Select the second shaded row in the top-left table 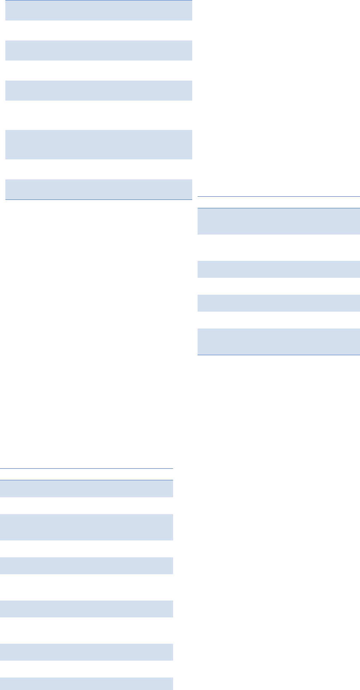[x=98, y=50]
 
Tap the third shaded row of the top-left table [x=98, y=90]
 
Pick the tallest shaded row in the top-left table [x=98, y=144]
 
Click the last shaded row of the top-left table [x=98, y=189]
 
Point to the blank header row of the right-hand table [x=278, y=202]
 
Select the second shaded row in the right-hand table [x=278, y=269]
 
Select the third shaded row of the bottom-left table [x=86, y=565]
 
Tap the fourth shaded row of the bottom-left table [x=86, y=609]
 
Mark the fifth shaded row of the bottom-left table [x=86, y=652]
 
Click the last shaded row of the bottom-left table [x=86, y=684]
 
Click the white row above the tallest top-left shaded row [x=98, y=115]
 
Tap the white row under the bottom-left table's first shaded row [x=86, y=505]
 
